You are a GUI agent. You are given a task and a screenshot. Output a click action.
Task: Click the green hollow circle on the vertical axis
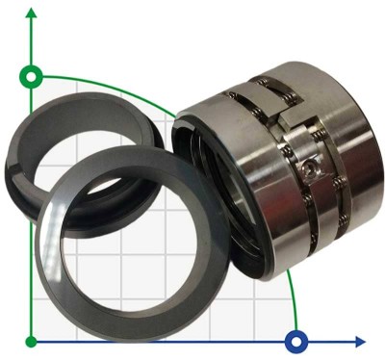(x=32, y=75)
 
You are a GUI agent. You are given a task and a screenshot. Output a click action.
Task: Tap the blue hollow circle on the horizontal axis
(x=296, y=341)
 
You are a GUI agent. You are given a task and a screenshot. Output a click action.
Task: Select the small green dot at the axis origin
(x=32, y=341)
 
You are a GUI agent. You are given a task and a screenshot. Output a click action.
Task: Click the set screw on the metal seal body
(x=307, y=169)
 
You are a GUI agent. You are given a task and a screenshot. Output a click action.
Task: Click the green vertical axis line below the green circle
(x=32, y=193)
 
